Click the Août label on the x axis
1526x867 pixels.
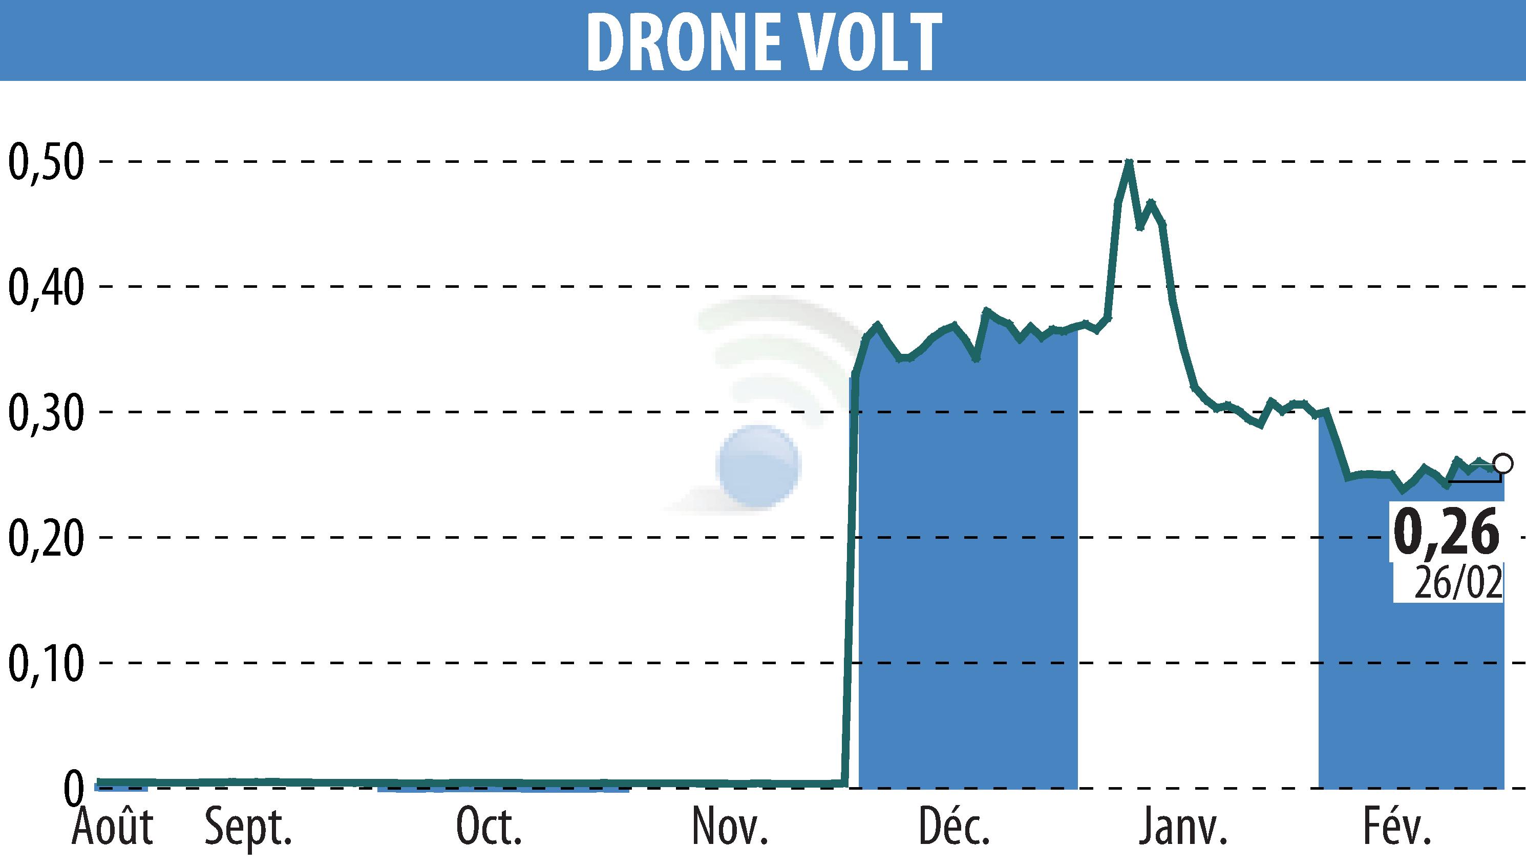[112, 827]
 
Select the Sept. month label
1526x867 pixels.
[248, 828]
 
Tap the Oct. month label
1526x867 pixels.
[489, 827]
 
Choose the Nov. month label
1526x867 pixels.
[730, 827]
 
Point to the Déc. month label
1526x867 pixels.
[954, 827]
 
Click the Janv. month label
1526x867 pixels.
[1182, 827]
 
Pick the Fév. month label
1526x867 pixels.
[1397, 827]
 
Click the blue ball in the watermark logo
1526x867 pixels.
[758, 465]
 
